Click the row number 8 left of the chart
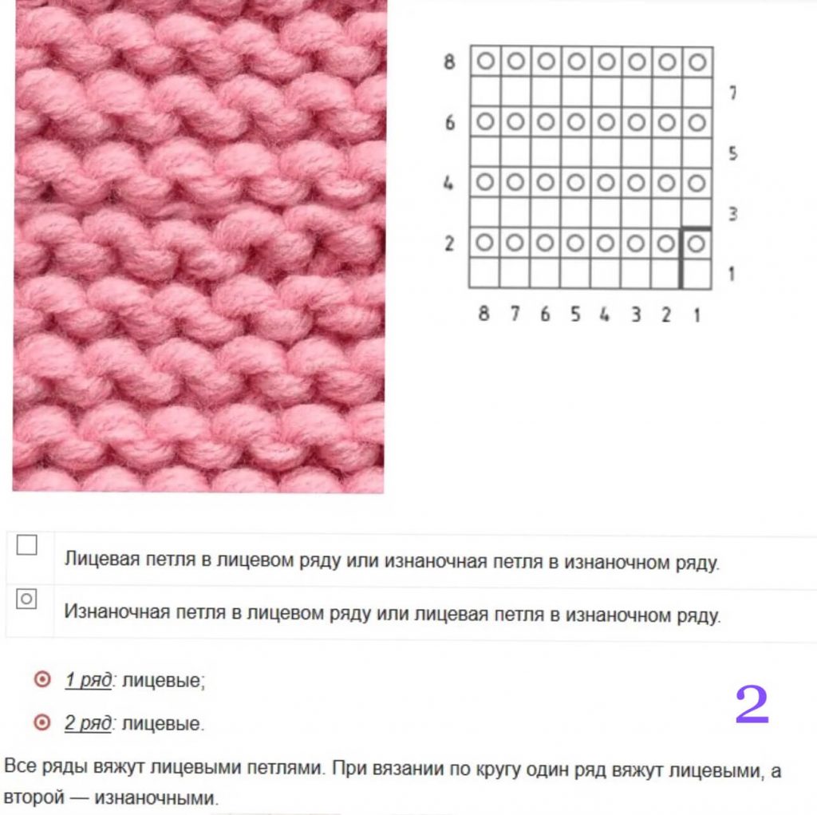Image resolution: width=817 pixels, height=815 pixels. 449,62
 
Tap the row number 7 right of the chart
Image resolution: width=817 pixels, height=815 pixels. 732,93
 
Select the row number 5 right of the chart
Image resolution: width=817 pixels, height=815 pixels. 732,153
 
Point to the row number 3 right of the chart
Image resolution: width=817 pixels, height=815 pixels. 732,214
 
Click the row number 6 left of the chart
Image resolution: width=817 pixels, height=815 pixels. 450,123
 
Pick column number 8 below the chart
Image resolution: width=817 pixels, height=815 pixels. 483,314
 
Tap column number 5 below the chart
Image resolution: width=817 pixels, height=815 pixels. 574,314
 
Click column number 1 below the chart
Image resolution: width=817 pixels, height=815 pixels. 697,315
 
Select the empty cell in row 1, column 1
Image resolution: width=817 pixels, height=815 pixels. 697,273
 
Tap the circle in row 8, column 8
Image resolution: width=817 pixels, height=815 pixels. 486,61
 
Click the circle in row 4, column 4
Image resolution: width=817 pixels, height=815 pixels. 606,183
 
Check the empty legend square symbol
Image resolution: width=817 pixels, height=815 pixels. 26,545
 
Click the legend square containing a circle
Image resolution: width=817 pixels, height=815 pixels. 26,599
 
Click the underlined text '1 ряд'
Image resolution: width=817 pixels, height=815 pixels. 88,680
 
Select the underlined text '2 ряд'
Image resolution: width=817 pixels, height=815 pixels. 88,723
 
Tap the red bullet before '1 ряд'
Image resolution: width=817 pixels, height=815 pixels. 43,679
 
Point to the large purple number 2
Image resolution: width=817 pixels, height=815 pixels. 752,705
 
